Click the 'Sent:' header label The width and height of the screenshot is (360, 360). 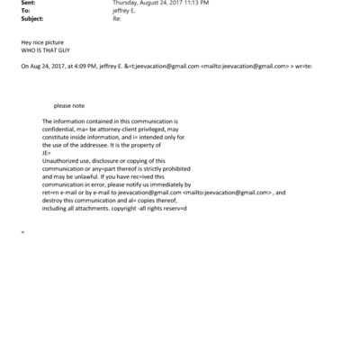[27, 4]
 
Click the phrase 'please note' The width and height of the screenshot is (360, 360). [68, 104]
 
